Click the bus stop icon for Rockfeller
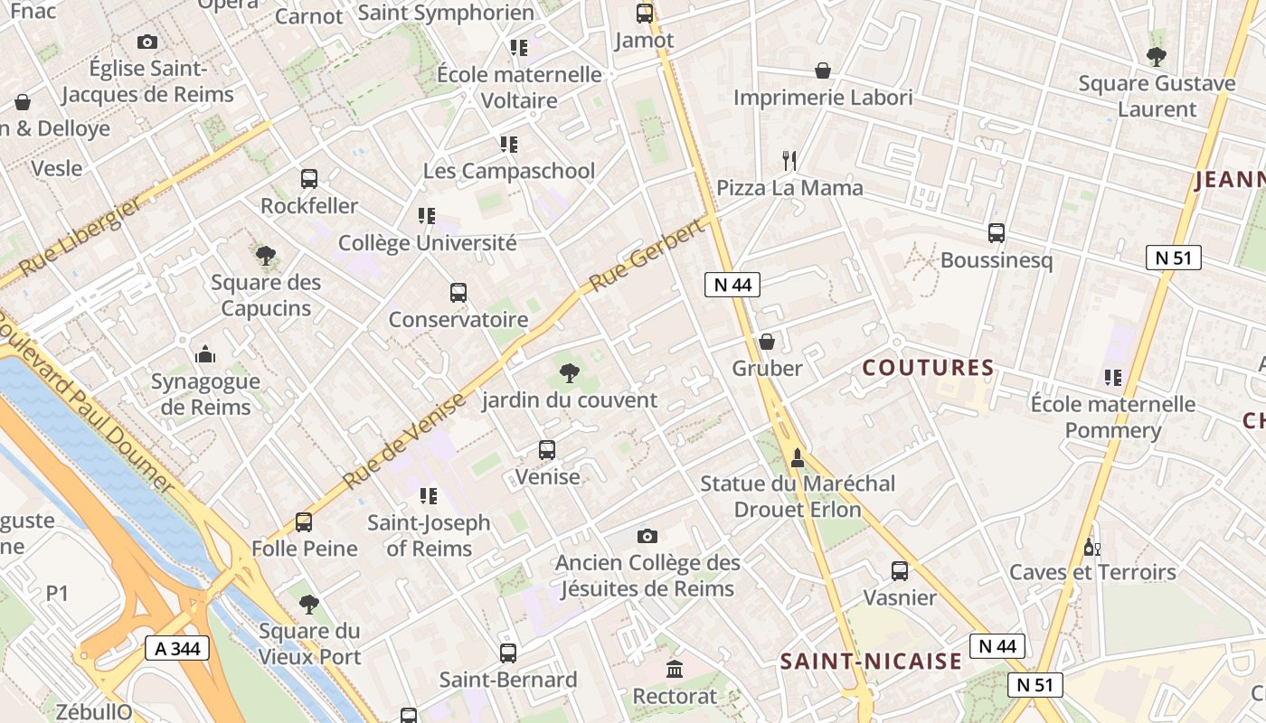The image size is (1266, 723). pyautogui.click(x=309, y=178)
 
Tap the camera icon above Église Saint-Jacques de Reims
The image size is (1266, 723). pyautogui.click(x=146, y=42)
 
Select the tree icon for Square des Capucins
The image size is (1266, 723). pyautogui.click(x=265, y=256)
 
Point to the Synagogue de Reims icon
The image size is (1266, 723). pyautogui.click(x=205, y=353)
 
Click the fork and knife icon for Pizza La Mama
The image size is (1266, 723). pyautogui.click(x=790, y=161)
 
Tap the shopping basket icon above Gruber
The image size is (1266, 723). pyautogui.click(x=767, y=342)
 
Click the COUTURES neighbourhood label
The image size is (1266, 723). pyautogui.click(x=928, y=368)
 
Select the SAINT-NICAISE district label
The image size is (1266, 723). pyautogui.click(x=871, y=662)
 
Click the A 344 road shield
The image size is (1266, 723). pyautogui.click(x=177, y=648)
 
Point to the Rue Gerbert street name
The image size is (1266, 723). pyautogui.click(x=646, y=256)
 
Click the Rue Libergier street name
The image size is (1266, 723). pyautogui.click(x=80, y=238)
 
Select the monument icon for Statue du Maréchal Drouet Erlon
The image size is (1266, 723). pyautogui.click(x=798, y=458)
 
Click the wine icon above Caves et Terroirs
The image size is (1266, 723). pyautogui.click(x=1092, y=547)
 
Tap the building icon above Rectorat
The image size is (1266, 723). pyautogui.click(x=675, y=670)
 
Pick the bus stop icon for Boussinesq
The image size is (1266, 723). pyautogui.click(x=997, y=233)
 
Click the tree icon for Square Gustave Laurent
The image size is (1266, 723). pyautogui.click(x=1156, y=57)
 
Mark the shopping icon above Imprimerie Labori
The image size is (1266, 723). pyautogui.click(x=823, y=70)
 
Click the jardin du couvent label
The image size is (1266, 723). pyautogui.click(x=570, y=399)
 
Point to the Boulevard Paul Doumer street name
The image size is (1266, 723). pyautogui.click(x=86, y=405)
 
